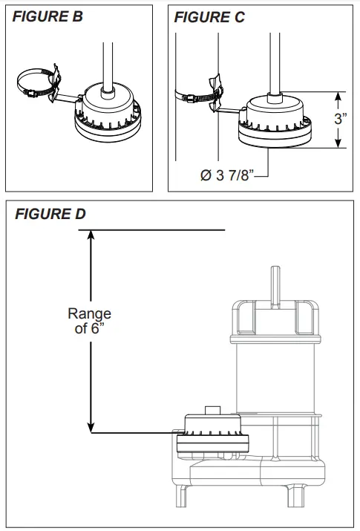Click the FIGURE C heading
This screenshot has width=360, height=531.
point(209,17)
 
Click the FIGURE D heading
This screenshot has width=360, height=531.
point(50,215)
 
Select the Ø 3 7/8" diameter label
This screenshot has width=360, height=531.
point(229,175)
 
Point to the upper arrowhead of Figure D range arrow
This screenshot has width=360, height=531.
point(91,235)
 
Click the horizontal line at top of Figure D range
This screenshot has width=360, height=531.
point(156,230)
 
